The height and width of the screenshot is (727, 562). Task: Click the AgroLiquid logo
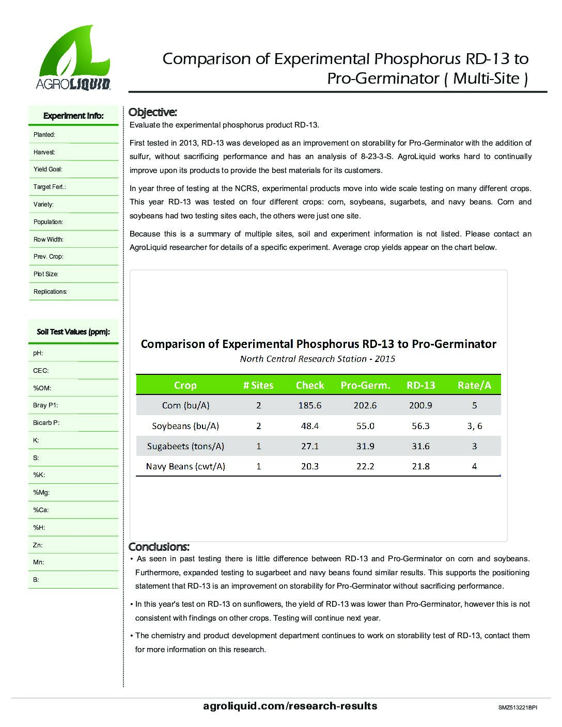(73, 58)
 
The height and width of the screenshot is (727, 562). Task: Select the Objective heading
(152, 112)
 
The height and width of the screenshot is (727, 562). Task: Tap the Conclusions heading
(159, 547)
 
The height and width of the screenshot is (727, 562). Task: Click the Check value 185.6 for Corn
(310, 405)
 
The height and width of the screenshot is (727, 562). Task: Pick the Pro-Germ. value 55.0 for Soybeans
(365, 426)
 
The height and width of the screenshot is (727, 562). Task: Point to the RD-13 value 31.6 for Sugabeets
(420, 446)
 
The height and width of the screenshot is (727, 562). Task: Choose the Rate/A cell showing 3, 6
(474, 426)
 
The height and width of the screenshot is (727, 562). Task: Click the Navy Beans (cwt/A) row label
(185, 466)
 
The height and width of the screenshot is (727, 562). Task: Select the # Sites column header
(258, 385)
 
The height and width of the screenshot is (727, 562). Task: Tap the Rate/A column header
(474, 385)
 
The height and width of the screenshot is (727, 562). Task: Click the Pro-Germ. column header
(365, 385)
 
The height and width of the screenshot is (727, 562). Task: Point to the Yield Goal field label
(48, 169)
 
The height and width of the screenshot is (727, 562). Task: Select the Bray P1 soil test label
(45, 405)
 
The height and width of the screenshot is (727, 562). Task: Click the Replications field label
(50, 292)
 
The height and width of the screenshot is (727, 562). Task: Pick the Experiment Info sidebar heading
(73, 116)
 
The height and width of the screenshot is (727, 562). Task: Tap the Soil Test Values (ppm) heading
(73, 332)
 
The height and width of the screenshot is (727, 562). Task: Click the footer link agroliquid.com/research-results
(290, 706)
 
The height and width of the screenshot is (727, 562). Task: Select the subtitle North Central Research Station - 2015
(317, 359)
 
